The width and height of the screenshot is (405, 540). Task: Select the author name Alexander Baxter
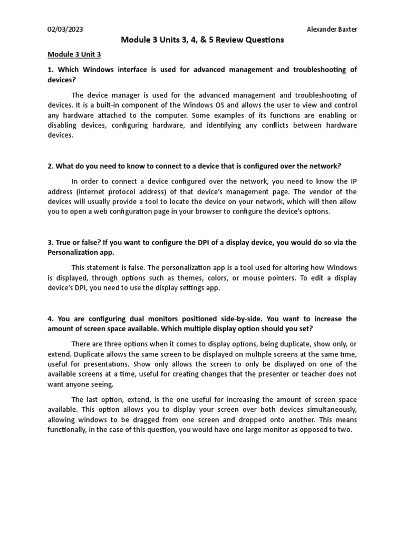[332, 29]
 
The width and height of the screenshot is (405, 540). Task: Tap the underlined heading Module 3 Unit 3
[74, 54]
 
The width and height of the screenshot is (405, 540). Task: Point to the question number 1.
[50, 70]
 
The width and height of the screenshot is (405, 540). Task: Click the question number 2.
[50, 166]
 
